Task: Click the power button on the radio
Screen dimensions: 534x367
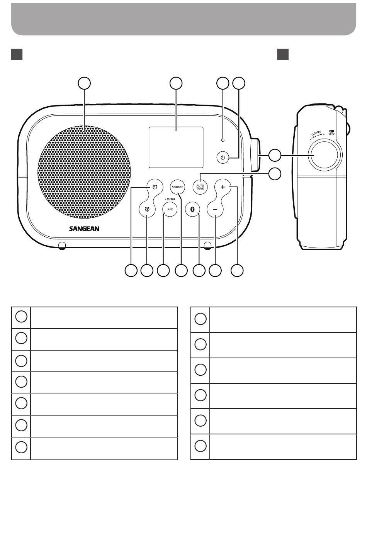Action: coord(222,158)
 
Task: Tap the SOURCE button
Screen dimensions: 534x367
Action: coord(177,187)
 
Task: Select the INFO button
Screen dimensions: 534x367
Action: coord(170,209)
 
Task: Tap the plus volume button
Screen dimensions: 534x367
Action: coord(223,187)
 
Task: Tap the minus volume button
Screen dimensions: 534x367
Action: coord(215,209)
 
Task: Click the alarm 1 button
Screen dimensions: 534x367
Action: coord(155,187)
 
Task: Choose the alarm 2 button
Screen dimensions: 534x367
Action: coord(147,209)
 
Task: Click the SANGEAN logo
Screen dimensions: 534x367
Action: coord(84,229)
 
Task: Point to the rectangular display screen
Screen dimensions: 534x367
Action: coord(176,147)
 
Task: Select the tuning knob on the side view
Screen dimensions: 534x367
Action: coord(325,155)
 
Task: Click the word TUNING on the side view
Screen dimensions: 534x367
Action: coord(316,134)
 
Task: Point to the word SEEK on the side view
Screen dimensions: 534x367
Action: coord(331,134)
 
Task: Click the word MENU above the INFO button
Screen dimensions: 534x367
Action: coord(170,199)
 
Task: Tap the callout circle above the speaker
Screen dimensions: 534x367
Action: coord(85,83)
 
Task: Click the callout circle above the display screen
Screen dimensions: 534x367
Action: coord(176,83)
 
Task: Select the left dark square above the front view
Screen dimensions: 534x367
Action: coord(17,55)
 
